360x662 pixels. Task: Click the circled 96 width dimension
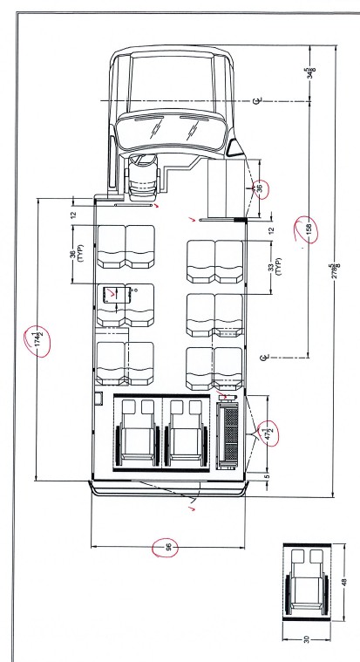coord(168,548)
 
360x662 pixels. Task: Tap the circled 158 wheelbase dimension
coord(309,229)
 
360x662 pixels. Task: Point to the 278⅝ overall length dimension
coord(334,270)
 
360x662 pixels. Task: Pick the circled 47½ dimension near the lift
coord(268,433)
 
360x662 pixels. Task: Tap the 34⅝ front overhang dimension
coord(310,72)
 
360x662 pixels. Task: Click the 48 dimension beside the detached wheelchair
coord(344,582)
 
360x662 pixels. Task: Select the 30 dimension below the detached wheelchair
coord(307,638)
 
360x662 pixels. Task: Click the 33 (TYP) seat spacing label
coord(274,267)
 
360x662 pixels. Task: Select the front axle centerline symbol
coord(257,101)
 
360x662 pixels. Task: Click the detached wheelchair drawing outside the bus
coord(307,583)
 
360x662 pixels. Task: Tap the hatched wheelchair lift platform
coord(230,434)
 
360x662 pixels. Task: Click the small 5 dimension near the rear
coord(267,476)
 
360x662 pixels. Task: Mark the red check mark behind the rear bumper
coord(194,508)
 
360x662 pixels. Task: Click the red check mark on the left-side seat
coord(112,292)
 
